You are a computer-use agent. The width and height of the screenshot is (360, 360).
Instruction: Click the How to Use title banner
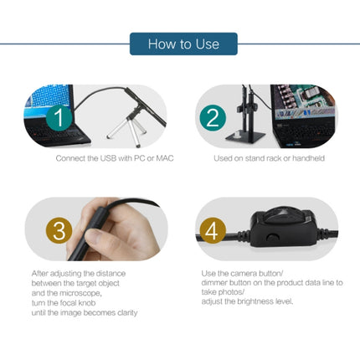point(183,44)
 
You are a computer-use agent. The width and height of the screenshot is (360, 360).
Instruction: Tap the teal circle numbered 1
point(59,117)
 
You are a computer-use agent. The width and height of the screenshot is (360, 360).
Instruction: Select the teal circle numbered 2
point(213,117)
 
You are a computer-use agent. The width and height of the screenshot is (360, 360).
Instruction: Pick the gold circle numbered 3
point(59,231)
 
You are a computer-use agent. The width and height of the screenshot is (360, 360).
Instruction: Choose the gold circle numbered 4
point(213,231)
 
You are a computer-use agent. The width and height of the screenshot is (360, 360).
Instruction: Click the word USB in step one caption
point(108,158)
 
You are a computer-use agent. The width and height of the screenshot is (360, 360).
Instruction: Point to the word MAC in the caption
point(165,158)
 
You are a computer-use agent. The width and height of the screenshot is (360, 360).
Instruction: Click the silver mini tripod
point(128,127)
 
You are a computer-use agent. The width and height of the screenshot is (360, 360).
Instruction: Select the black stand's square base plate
point(245,136)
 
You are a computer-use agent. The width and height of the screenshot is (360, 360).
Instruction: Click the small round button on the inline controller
point(273,237)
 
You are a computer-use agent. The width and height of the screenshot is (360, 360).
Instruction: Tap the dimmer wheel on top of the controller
point(283,214)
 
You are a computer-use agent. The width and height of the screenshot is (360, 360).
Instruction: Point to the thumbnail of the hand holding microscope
point(96,229)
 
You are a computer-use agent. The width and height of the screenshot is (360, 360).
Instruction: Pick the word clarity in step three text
point(127,313)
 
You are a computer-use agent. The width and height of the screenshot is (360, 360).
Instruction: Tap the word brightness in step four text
point(255,301)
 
